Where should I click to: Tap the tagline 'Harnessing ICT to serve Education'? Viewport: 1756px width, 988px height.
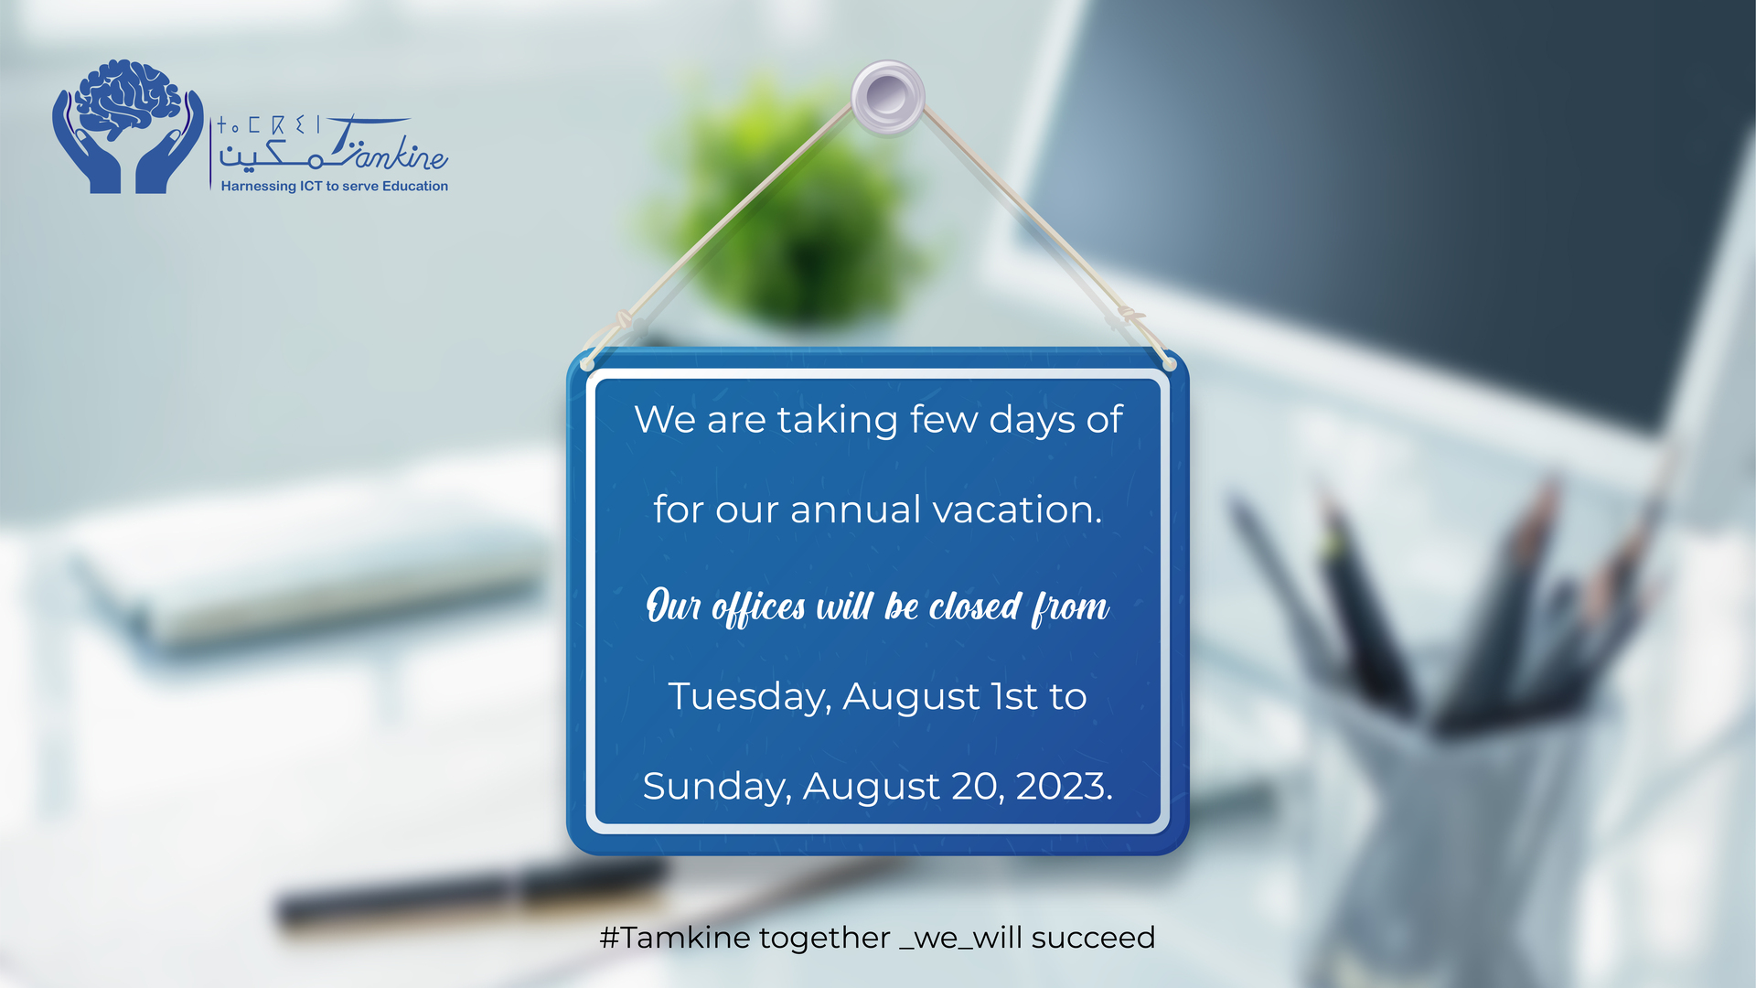coord(335,187)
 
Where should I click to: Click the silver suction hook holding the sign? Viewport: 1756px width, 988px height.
coord(887,98)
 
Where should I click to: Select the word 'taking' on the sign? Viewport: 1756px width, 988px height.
coord(838,421)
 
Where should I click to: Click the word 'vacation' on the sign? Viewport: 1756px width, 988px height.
coord(1012,510)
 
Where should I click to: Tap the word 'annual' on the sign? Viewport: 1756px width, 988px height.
coord(855,510)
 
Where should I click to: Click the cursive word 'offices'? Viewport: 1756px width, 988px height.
coord(759,608)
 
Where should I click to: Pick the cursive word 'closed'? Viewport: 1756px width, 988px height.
coord(975,607)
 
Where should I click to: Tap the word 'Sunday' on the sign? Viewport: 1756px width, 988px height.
coord(716,787)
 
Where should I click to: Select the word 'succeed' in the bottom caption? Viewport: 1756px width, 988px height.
coord(1093,939)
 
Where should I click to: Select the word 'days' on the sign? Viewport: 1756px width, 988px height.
coord(1033,421)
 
